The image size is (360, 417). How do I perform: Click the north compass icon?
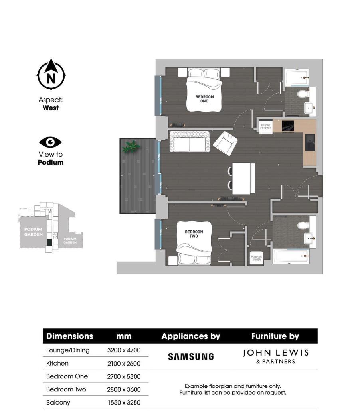point(51,75)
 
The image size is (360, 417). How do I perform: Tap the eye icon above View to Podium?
point(50,142)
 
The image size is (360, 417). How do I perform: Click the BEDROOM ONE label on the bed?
point(204,99)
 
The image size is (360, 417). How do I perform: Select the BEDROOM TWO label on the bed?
point(194,234)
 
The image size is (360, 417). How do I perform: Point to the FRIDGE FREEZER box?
point(266,127)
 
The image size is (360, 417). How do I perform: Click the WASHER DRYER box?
point(256,258)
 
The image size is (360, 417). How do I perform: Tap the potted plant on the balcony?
point(131,147)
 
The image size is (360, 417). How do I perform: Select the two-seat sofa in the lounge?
point(190,142)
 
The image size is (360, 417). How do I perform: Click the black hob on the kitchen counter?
point(288,126)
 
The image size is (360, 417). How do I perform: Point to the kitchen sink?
point(310,142)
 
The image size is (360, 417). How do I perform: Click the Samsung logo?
point(191,356)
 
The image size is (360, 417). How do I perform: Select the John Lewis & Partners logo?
point(275,356)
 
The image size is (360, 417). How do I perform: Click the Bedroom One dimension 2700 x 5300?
point(124,376)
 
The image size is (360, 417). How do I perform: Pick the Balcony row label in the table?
point(58,403)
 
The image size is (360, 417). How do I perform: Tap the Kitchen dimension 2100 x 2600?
point(124,364)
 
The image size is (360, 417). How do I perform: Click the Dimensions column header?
point(70,336)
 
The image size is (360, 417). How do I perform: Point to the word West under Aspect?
point(51,108)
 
